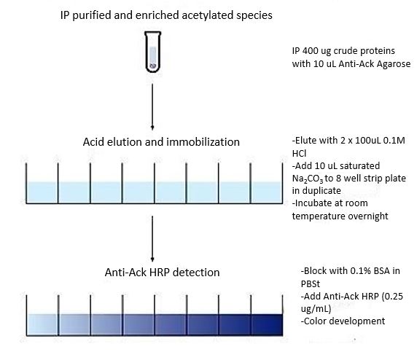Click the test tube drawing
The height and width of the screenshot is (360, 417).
(x=152, y=52)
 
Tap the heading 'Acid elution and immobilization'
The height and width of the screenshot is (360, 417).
(x=161, y=142)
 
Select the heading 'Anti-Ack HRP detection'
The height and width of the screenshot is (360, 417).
(x=163, y=273)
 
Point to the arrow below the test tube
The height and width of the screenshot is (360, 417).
(x=152, y=107)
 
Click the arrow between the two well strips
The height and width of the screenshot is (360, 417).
(x=152, y=239)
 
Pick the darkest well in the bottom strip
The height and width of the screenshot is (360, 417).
(x=267, y=324)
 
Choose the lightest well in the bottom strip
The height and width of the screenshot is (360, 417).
(x=42, y=324)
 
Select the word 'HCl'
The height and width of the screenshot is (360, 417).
(x=299, y=154)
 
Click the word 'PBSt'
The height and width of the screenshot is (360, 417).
(x=311, y=284)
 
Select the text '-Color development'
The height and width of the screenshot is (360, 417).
(x=343, y=321)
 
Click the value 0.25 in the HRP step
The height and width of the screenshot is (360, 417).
(x=394, y=296)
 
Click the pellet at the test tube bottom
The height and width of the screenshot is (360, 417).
(x=153, y=66)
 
